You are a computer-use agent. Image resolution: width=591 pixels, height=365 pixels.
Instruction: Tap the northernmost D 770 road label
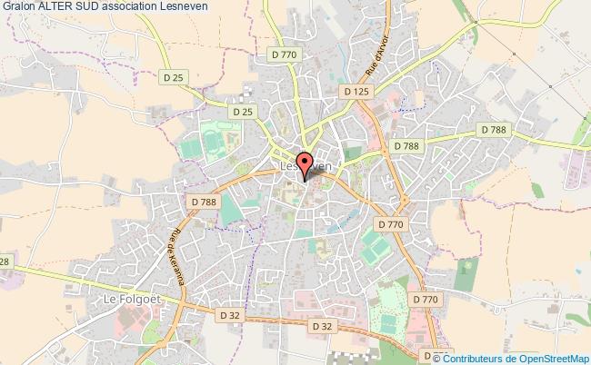point(285,54)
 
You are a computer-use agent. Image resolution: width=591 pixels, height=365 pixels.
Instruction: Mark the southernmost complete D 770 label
point(424,298)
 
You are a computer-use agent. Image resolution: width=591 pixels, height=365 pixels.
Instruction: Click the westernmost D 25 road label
point(173,76)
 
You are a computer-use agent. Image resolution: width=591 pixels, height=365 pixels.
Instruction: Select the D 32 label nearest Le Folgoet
point(231,315)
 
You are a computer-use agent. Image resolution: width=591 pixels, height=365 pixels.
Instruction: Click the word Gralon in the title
point(18,8)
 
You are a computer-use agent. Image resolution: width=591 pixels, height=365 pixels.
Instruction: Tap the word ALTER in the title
point(59,8)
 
